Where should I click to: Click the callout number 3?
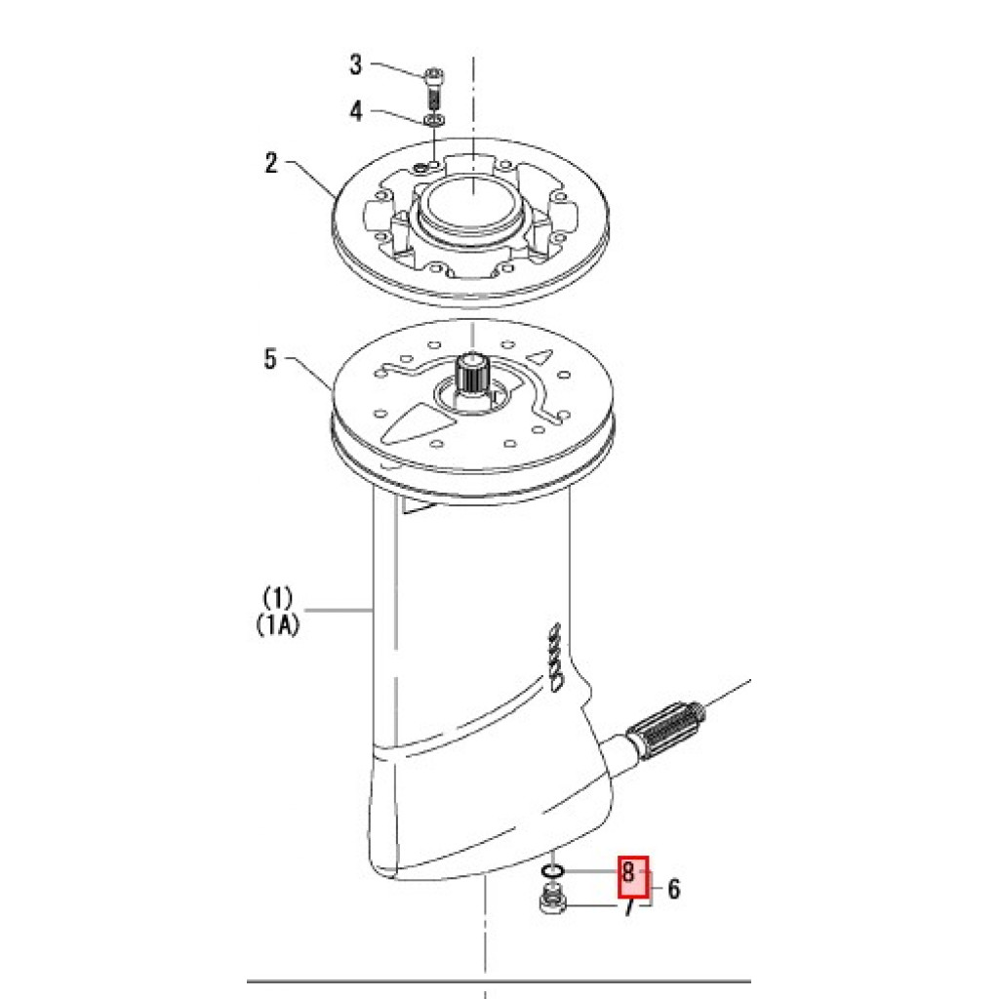[355, 64]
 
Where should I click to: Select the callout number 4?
[355, 111]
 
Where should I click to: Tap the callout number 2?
[271, 163]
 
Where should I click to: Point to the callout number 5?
[271, 359]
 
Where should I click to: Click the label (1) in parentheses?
[277, 598]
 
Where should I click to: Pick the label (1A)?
[277, 625]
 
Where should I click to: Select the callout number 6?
[673, 889]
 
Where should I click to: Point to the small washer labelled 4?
[434, 120]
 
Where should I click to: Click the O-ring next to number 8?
[552, 870]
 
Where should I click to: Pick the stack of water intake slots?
[554, 657]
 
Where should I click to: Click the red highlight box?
[633, 877]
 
